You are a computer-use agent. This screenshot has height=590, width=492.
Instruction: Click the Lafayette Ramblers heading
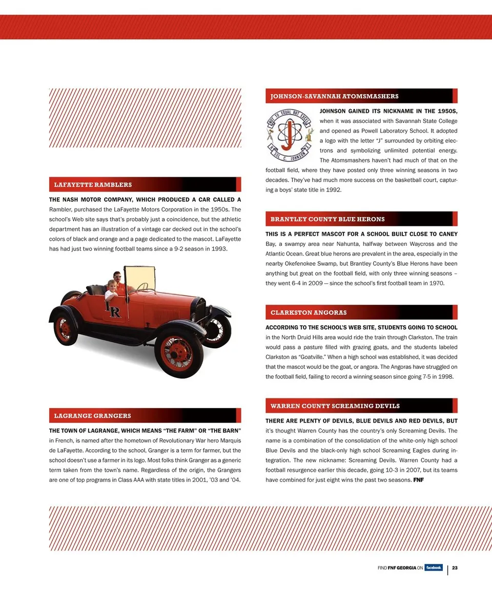93,184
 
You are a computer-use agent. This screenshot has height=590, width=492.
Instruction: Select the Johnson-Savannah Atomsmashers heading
334,96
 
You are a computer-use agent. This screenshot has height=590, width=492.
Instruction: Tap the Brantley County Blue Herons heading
327,219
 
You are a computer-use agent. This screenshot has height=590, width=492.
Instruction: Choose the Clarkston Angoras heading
309,312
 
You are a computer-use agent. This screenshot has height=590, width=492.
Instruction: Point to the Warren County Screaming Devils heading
335,406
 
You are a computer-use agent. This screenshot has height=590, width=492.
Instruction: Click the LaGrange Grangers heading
92,415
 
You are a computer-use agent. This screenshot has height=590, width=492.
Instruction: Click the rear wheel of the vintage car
65,329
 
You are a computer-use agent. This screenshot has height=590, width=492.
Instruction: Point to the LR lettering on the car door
113,309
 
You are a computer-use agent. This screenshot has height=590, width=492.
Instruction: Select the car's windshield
140,279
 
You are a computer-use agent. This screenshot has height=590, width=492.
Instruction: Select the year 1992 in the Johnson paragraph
334,189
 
